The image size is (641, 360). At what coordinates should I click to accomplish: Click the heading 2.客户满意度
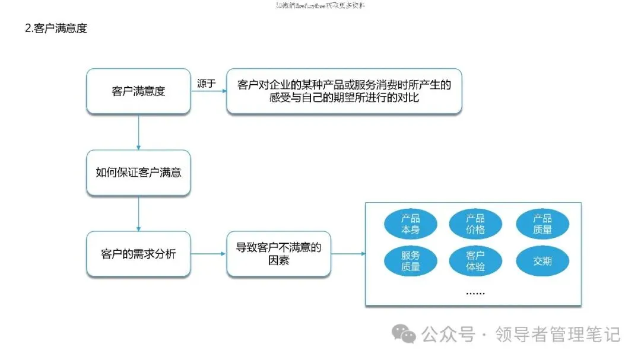tap(56, 28)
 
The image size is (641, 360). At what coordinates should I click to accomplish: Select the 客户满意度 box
tap(138, 91)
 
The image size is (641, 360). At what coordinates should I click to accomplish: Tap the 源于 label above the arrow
tap(206, 84)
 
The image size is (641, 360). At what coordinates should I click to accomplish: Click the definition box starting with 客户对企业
tap(344, 91)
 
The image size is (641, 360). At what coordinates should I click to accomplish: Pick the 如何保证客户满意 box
tap(138, 173)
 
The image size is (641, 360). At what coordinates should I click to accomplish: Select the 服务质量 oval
tap(410, 261)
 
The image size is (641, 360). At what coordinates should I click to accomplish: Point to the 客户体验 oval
tap(475, 261)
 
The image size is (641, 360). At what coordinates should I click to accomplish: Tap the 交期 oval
tap(542, 261)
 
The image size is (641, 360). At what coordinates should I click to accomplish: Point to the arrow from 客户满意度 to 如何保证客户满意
tap(138, 132)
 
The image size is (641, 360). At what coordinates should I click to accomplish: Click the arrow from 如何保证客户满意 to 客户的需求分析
tap(138, 214)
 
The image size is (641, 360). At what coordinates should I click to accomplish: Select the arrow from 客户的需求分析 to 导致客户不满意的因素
tap(209, 254)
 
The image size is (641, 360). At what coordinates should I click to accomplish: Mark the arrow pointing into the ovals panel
tap(348, 254)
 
